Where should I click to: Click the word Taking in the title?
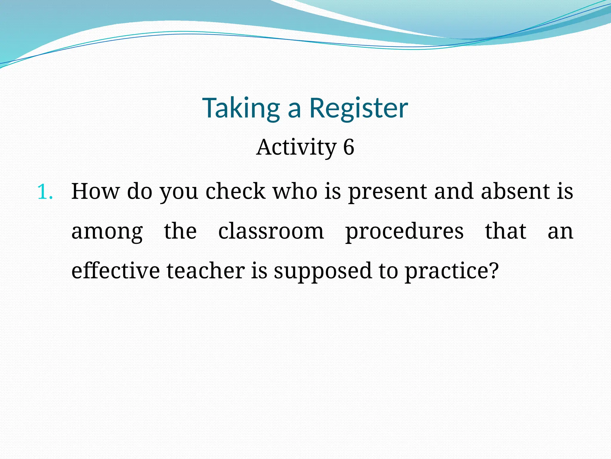(241, 108)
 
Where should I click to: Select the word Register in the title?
(359, 108)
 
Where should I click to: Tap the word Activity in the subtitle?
(296, 147)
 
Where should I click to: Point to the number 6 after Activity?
(348, 147)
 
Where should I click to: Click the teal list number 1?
(45, 192)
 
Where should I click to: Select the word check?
(235, 191)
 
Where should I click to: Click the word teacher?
(206, 270)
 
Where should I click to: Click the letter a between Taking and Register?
(294, 110)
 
